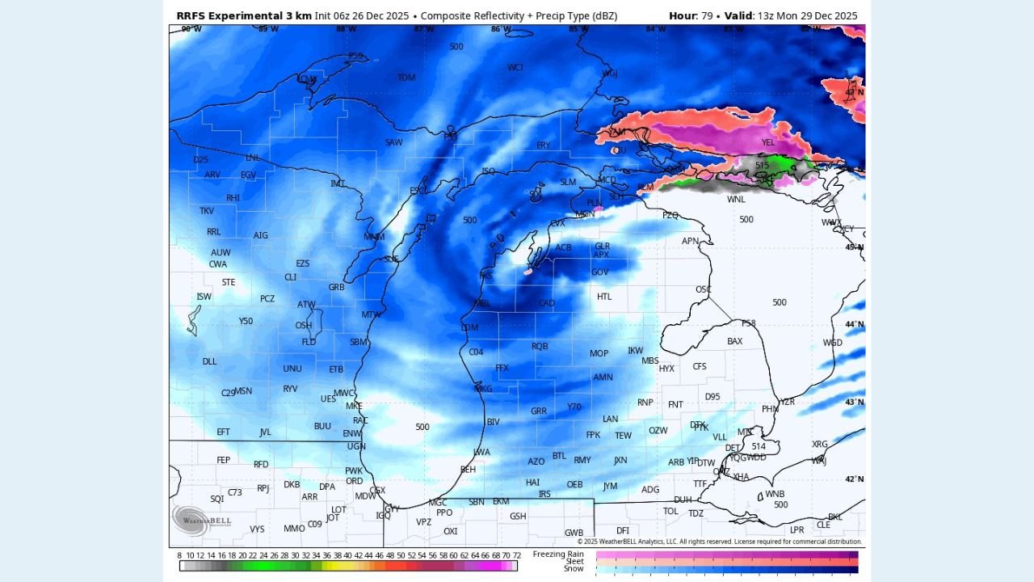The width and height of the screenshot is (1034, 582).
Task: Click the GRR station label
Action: tap(539, 411)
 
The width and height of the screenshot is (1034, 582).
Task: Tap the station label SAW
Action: tap(393, 143)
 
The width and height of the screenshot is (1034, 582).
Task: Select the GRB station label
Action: tap(336, 287)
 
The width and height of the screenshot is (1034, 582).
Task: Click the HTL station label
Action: tap(604, 297)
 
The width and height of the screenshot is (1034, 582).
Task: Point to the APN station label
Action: tap(690, 241)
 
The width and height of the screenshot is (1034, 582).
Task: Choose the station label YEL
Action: tap(767, 142)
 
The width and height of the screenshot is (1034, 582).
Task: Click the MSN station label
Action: tap(243, 391)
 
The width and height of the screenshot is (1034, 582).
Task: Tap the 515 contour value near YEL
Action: tap(762, 165)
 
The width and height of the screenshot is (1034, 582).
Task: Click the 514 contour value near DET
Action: tap(758, 446)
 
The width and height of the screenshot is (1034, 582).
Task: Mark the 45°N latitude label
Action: tap(854, 247)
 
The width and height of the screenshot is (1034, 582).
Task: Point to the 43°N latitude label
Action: tap(854, 403)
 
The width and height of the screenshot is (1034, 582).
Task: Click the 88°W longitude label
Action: tap(346, 29)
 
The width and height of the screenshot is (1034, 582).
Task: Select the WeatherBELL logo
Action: tap(201, 521)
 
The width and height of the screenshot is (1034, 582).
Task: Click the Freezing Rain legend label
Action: tap(558, 554)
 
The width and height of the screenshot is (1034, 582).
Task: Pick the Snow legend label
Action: tap(574, 568)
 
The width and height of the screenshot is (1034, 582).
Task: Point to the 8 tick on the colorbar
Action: tap(179, 555)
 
